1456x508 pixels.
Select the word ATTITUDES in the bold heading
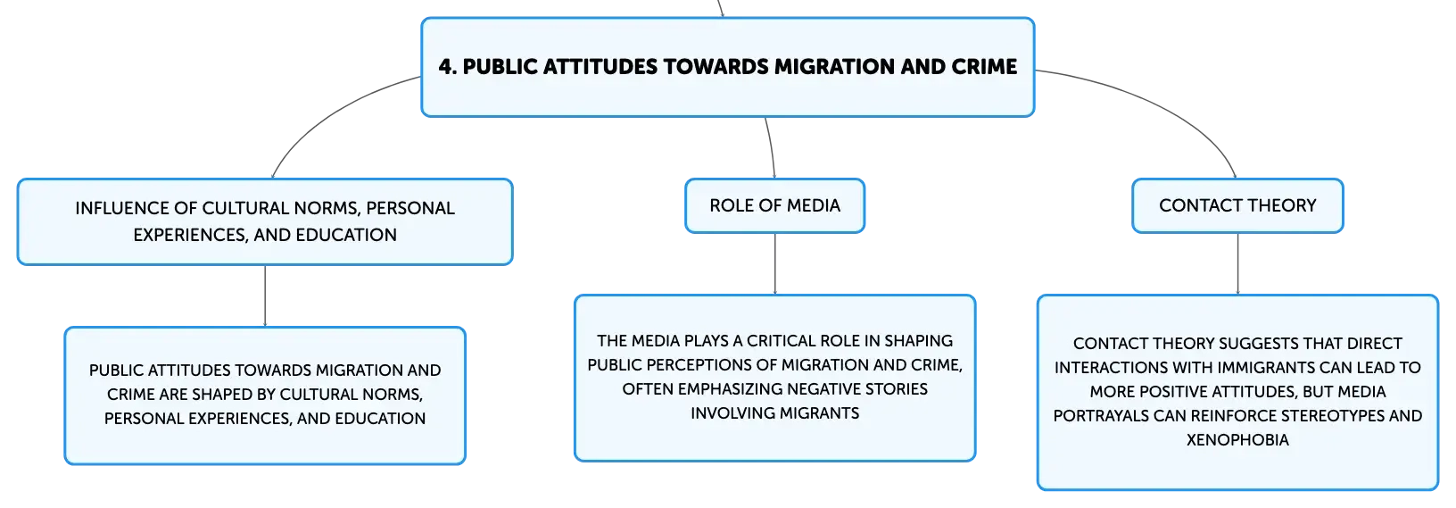pos(600,66)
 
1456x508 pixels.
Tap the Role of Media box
pos(774,205)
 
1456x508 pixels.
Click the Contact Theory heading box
pos(1237,205)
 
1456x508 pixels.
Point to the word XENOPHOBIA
pos(1237,440)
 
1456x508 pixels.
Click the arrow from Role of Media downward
pos(774,263)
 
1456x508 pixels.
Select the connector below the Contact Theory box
pos(1237,263)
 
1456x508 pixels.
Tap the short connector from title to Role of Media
pos(772,147)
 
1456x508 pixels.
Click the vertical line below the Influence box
pos(265,296)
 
